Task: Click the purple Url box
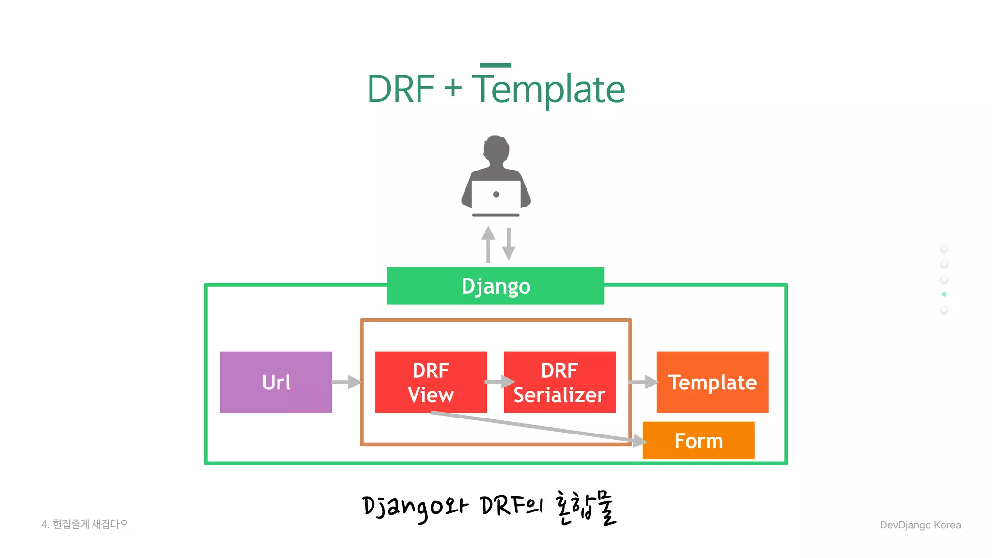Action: tap(276, 382)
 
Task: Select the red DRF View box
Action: tap(431, 382)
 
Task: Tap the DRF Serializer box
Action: tap(559, 382)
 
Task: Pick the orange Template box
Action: tap(712, 382)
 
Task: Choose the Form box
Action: tap(698, 440)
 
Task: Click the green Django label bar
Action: tap(496, 286)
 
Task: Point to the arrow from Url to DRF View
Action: tap(347, 382)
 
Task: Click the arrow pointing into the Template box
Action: tap(644, 382)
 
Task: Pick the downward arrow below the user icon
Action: tap(508, 245)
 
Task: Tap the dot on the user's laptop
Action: tap(496, 194)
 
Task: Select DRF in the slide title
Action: tap(400, 89)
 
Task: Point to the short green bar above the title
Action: tap(496, 65)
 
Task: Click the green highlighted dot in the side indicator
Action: tap(944, 294)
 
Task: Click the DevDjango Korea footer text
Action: tap(920, 525)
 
